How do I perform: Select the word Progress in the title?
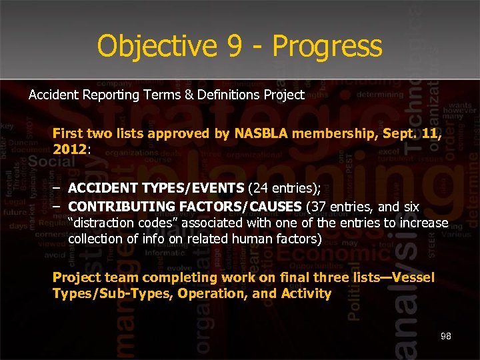click(327, 46)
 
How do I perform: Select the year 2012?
click(69, 149)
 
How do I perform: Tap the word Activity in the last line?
click(306, 293)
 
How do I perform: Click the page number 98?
click(445, 336)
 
